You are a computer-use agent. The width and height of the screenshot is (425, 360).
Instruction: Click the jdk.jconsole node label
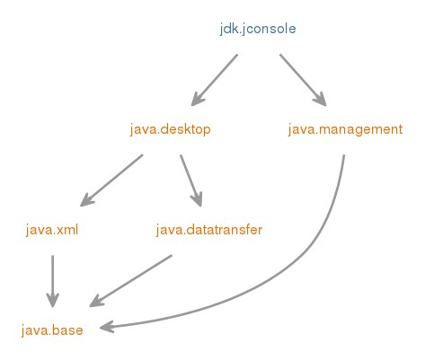(x=258, y=30)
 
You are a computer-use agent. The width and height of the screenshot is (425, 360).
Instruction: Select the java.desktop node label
(x=171, y=130)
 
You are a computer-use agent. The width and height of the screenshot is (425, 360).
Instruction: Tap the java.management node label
(x=345, y=130)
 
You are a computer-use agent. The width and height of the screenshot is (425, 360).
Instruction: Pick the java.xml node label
(x=52, y=230)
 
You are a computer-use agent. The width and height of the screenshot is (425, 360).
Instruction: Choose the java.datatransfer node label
(x=209, y=230)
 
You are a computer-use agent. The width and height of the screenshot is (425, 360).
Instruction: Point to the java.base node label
(x=52, y=330)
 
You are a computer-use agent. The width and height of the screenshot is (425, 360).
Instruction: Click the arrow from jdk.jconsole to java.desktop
(x=215, y=80)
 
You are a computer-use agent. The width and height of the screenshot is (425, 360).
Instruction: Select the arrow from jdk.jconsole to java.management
(x=303, y=80)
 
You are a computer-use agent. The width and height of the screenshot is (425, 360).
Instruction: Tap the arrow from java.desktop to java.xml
(x=111, y=180)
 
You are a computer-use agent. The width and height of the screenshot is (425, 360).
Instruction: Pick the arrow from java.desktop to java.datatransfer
(x=191, y=180)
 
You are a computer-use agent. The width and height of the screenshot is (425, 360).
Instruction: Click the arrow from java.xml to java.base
(x=53, y=281)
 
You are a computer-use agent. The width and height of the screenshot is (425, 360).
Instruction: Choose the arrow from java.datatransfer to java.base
(x=131, y=281)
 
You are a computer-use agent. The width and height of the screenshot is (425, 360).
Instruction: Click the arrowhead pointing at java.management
(x=321, y=100)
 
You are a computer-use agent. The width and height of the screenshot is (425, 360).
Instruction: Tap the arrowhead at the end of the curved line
(x=106, y=327)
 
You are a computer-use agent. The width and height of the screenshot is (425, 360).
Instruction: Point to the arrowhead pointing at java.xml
(x=86, y=200)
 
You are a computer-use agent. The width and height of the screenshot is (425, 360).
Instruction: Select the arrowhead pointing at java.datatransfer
(x=197, y=199)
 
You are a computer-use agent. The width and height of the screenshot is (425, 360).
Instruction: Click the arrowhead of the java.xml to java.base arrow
(x=53, y=301)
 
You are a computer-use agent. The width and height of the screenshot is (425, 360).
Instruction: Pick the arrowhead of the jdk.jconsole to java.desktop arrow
(x=197, y=100)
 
